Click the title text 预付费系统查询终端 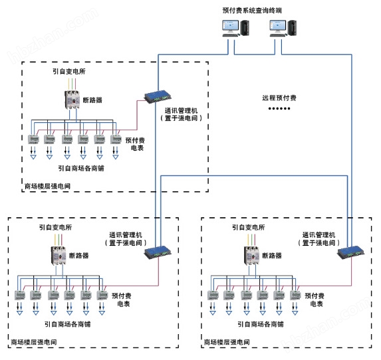click(x=257, y=11)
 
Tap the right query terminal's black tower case click(x=293, y=28)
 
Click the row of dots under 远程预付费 click(x=279, y=108)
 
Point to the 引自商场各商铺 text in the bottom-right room click(x=261, y=325)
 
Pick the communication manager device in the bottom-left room click(x=160, y=250)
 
